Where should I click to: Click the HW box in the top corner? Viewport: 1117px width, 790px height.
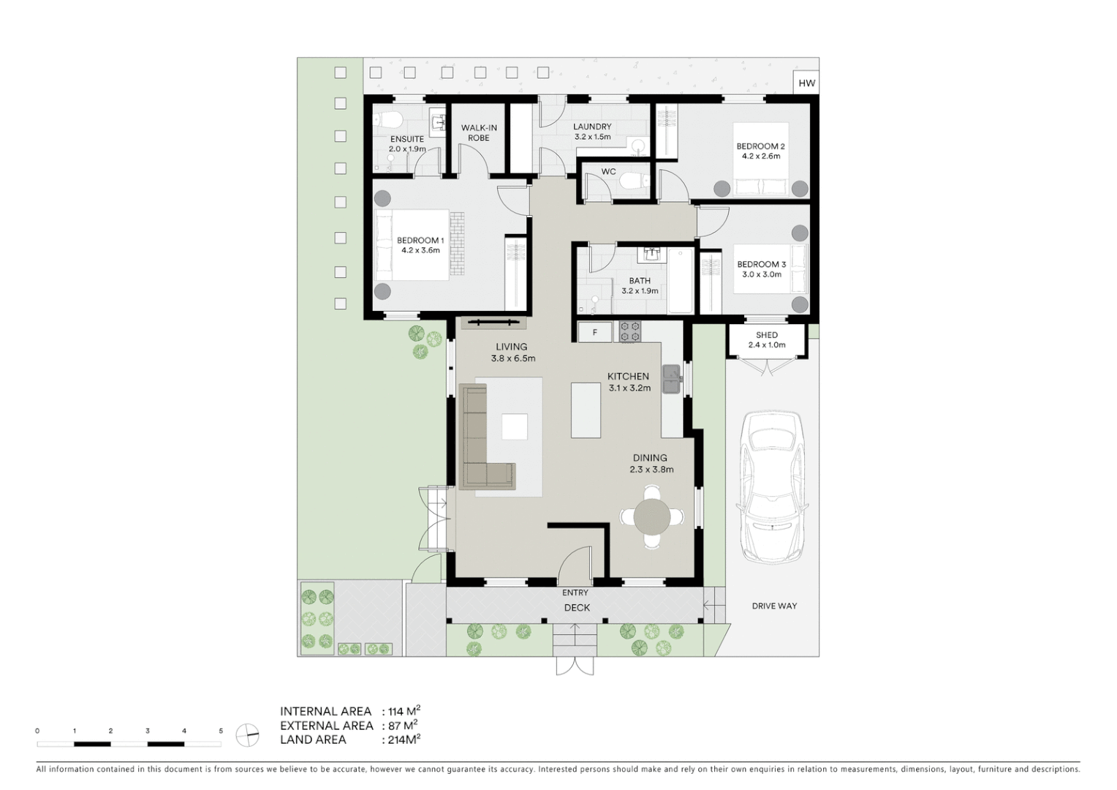806,83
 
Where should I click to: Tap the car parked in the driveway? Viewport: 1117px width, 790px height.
771,486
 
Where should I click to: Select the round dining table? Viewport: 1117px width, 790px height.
651,516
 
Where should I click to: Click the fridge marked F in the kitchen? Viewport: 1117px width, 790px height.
595,332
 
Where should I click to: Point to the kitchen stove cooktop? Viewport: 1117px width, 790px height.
630,332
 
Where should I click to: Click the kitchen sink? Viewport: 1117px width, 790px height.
671,379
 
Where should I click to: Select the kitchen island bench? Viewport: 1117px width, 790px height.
586,410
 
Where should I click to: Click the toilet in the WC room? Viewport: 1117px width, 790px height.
632,179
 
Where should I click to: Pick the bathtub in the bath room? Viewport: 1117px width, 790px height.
680,280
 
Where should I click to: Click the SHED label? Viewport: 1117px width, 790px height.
767,335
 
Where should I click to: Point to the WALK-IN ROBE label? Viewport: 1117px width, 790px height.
479,132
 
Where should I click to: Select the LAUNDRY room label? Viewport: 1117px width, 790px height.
592,127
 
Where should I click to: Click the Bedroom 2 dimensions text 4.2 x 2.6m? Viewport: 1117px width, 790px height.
760,156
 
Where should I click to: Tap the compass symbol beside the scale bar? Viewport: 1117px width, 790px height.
248,734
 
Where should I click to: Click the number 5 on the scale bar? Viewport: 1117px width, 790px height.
221,731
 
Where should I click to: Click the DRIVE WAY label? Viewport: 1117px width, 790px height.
774,606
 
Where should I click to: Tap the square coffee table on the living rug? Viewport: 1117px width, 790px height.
515,426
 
